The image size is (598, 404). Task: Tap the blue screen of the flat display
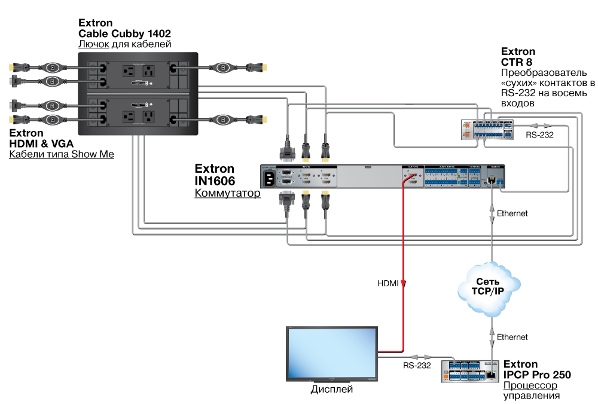coord(332,353)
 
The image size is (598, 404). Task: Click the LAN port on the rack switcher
coord(492,179)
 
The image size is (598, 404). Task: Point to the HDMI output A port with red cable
coord(412,177)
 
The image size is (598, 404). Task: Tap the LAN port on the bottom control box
coord(492,373)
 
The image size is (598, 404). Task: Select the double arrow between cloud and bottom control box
coord(492,338)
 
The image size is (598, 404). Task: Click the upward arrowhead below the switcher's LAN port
coord(492,207)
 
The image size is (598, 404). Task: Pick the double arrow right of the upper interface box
coord(541,126)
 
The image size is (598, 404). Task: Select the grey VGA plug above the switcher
coord(287,152)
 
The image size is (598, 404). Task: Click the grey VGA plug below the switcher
coord(287,200)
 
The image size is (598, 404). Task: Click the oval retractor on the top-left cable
coord(52,67)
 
